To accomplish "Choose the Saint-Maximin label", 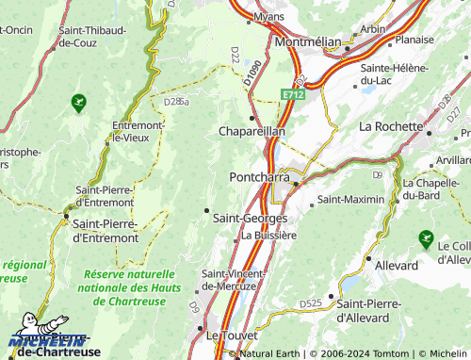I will (350, 200).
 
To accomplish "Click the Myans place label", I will (269, 16).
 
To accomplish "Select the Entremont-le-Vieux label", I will (138, 131).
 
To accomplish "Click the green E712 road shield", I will (293, 94).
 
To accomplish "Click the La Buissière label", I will (269, 236).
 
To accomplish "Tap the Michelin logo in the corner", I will (47, 342).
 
